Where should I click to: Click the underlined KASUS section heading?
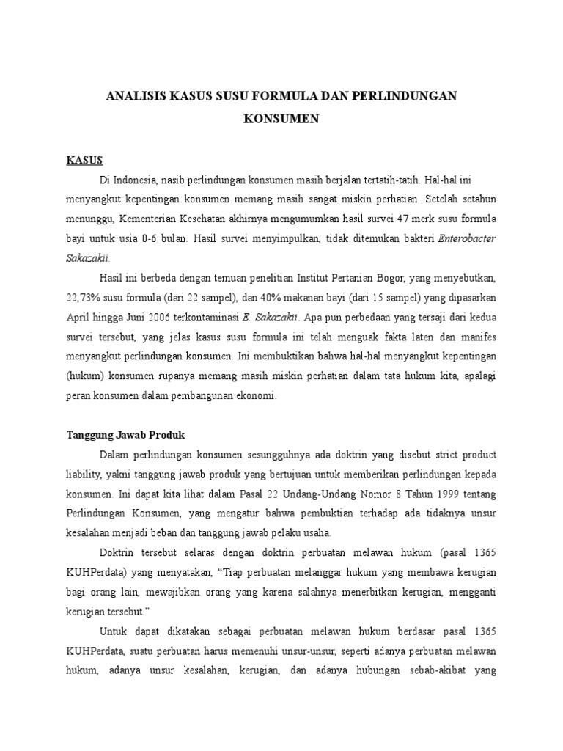[84, 159]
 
